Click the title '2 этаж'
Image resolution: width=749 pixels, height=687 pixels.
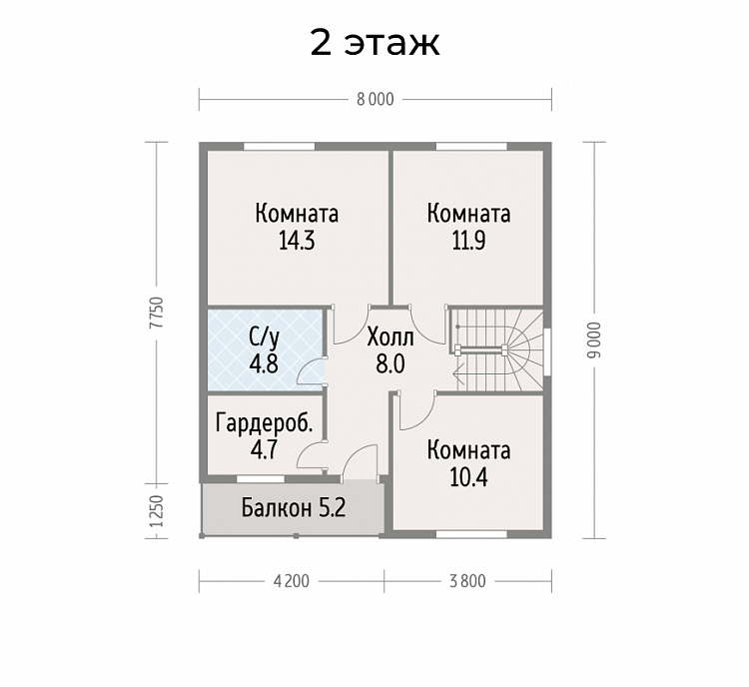pyautogui.click(x=374, y=43)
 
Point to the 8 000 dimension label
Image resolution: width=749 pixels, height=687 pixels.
pyautogui.click(x=375, y=100)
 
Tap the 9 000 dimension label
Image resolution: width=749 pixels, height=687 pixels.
pyautogui.click(x=595, y=340)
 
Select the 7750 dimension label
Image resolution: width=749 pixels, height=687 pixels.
pyautogui.click(x=157, y=313)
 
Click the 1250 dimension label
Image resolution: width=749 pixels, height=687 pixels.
pyautogui.click(x=157, y=510)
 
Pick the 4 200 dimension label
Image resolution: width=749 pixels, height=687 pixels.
pyautogui.click(x=292, y=581)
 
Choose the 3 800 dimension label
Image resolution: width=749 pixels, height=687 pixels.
pyautogui.click(x=467, y=581)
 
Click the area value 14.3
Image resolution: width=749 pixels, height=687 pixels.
pyautogui.click(x=297, y=242)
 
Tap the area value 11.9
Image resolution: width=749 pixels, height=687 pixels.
pyautogui.click(x=468, y=242)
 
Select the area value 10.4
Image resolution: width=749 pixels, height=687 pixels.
pyautogui.click(x=468, y=477)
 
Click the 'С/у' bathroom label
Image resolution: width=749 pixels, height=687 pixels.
pyautogui.click(x=264, y=338)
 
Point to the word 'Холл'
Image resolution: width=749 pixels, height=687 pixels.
pyautogui.click(x=390, y=339)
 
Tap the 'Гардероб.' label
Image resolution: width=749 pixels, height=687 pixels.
pyautogui.click(x=265, y=423)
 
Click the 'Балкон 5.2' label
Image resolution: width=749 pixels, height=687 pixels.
pyautogui.click(x=294, y=508)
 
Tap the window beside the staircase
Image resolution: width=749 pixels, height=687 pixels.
pyautogui.click(x=547, y=350)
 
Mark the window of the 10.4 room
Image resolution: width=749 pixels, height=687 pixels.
pyautogui.click(x=472, y=534)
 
